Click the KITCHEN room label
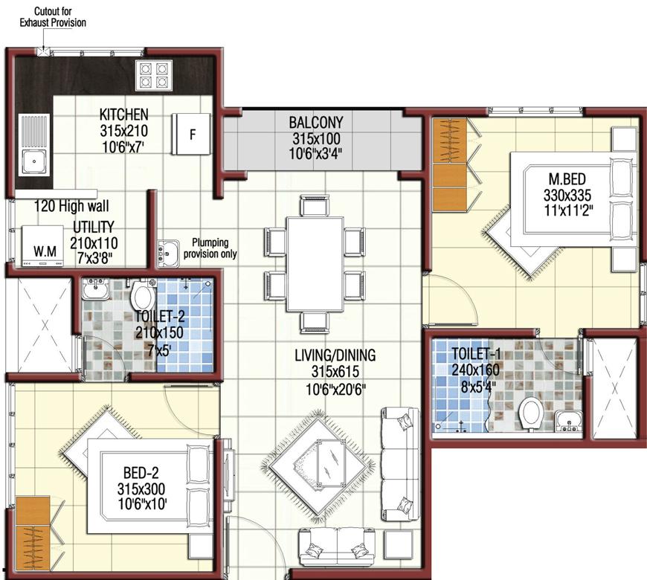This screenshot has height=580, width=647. point(124,115)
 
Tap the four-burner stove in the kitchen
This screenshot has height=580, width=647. point(154,75)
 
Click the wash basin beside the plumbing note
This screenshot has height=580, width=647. point(167,251)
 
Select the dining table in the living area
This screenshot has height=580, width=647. point(315,263)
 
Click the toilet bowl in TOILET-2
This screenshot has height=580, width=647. point(141,298)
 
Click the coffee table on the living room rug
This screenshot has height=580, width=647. point(329,461)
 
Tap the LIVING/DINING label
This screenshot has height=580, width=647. point(334,356)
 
